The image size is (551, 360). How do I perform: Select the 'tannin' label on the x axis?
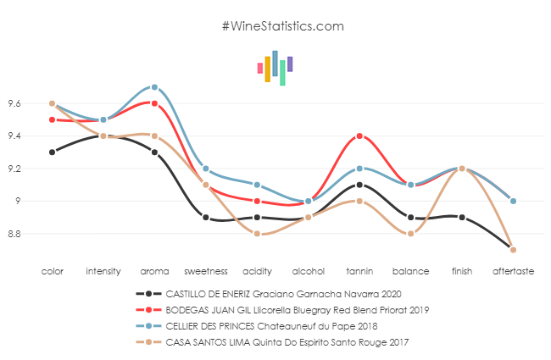[359, 271]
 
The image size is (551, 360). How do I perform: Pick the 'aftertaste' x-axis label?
[513, 271]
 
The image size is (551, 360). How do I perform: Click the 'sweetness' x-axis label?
[206, 271]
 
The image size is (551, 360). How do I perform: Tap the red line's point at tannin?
[359, 136]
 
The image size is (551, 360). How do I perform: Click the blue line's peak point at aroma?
[154, 86]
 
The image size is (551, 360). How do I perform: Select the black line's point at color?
[52, 152]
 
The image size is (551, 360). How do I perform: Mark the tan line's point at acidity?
[257, 233]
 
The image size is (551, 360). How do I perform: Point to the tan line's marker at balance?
[411, 233]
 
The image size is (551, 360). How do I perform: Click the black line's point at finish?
[462, 217]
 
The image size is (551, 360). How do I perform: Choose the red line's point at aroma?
[154, 102]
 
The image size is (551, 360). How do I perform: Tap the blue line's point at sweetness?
[206, 169]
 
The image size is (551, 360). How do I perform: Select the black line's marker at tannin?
[359, 185]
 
